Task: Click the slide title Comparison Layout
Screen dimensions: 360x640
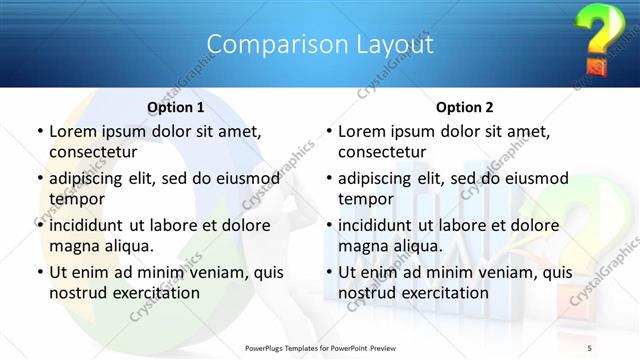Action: point(319,45)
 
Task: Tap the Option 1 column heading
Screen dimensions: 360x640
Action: point(175,107)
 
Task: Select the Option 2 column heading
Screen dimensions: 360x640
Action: point(464,107)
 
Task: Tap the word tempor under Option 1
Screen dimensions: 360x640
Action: point(77,198)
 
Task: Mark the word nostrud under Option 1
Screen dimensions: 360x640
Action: point(80,292)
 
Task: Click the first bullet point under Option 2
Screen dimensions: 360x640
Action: point(328,132)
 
